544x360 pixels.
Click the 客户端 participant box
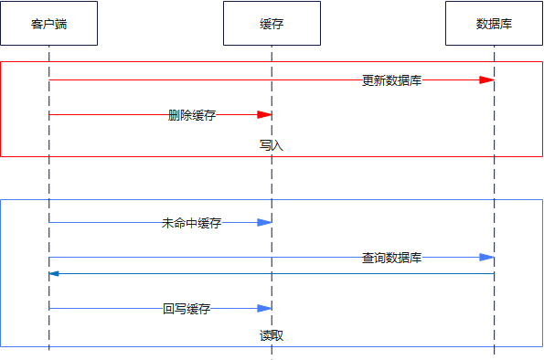[48, 23]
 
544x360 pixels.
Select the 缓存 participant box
[272, 23]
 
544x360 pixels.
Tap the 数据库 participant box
[494, 23]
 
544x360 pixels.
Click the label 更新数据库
[391, 80]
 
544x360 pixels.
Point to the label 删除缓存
[192, 115]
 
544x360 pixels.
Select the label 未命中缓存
[192, 223]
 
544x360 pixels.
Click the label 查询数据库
[391, 258]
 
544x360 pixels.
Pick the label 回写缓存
[187, 309]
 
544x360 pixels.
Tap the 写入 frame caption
[272, 144]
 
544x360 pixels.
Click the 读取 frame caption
[272, 335]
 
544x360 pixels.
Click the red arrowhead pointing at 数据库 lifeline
[486, 80]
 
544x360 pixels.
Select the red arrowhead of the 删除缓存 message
[264, 115]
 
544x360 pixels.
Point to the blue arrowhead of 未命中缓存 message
[264, 223]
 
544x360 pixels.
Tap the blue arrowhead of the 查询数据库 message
[486, 258]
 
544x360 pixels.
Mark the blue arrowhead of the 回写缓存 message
[264, 309]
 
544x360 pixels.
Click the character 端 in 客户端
[60, 24]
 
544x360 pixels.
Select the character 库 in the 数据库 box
[506, 24]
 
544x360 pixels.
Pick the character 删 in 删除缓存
[174, 115]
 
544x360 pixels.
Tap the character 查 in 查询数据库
[368, 258]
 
